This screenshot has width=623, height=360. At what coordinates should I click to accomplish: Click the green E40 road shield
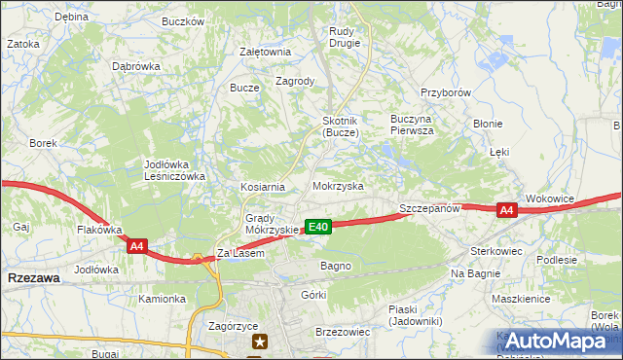318,227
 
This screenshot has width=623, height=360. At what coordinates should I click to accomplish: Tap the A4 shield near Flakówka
137,247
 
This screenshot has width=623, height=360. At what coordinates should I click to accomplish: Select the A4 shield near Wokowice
506,210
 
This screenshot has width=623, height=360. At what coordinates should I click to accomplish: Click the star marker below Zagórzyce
260,341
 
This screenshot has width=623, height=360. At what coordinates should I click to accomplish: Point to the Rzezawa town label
32,277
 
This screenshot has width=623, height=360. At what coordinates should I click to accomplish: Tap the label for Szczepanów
428,209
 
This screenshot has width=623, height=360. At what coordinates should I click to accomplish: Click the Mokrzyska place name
338,185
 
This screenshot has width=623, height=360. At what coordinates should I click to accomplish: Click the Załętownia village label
265,53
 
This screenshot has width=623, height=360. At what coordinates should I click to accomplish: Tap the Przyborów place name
446,92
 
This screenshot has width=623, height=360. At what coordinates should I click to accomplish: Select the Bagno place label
335,266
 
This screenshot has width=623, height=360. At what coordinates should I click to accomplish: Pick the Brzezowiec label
343,332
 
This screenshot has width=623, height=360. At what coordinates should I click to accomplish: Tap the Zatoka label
23,44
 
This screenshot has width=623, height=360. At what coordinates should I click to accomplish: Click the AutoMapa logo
554,342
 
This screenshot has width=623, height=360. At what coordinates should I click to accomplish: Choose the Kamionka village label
161,299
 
